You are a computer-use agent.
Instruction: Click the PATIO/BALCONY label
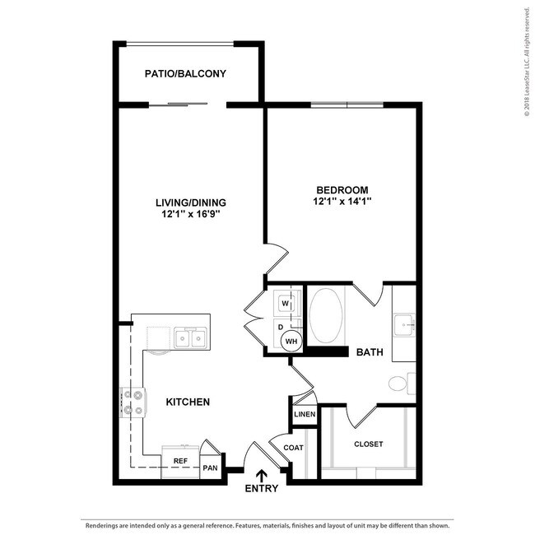point(185,74)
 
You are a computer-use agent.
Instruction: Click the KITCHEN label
point(188,402)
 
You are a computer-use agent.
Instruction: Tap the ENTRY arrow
point(262,475)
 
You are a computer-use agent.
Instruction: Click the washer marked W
point(285,302)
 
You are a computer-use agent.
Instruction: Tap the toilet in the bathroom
point(400,384)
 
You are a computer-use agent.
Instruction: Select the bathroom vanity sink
point(405,324)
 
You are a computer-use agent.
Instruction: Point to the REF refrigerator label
point(179,461)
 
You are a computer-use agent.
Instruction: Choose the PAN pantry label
point(211,468)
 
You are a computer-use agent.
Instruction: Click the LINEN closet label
point(305,414)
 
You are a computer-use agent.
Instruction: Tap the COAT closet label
point(293,448)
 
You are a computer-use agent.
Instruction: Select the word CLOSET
point(368,444)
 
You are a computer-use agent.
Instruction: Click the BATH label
point(369,352)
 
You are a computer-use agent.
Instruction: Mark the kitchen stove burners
point(133,402)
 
